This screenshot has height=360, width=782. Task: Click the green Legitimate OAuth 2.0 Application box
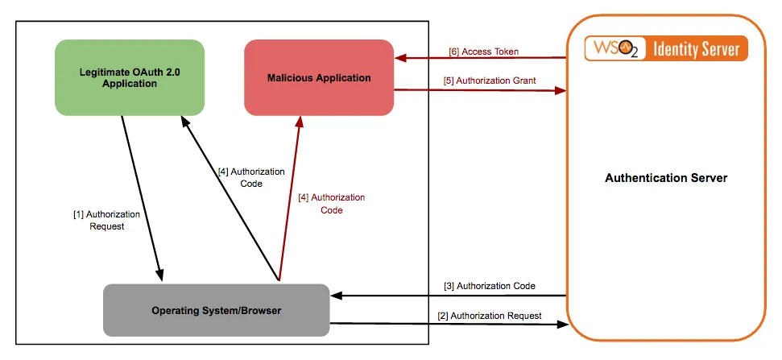pos(129,77)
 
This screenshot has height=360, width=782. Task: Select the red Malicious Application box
pos(319,77)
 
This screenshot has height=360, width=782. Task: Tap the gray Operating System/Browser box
pos(217,310)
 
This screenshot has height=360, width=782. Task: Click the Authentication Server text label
pos(666,178)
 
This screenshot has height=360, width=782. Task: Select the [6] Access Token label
pos(483,52)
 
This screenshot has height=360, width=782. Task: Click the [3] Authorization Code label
pos(489,286)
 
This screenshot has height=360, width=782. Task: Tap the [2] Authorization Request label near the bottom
pos(489,316)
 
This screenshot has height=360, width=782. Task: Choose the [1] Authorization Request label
pos(106,220)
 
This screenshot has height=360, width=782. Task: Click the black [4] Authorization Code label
pos(251,177)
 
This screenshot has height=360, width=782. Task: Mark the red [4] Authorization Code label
pos(331,204)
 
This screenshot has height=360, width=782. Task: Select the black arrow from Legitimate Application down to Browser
pos(143,198)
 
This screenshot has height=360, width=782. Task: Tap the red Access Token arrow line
pos(483,58)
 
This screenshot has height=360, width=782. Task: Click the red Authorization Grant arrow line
pos(483,90)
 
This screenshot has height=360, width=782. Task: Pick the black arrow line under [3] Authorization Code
pos(451,296)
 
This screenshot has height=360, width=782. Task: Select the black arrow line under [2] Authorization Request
pos(451,325)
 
